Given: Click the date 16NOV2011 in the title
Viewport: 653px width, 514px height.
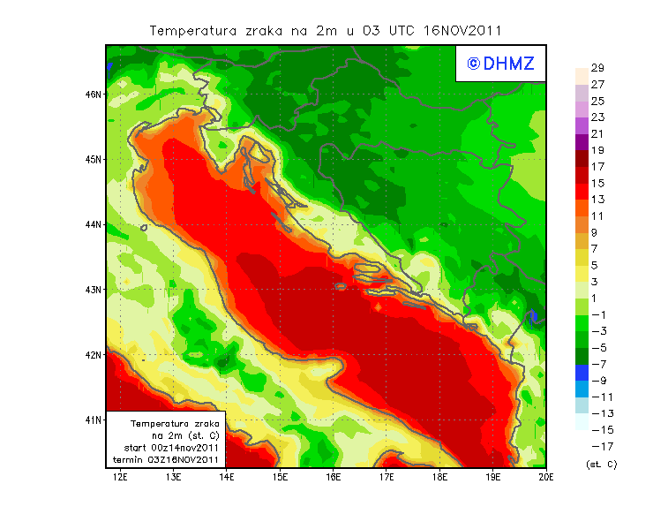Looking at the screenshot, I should tap(462, 30).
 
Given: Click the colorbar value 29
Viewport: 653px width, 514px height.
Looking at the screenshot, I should tap(597, 68).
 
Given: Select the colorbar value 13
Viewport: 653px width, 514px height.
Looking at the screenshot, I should tap(597, 200).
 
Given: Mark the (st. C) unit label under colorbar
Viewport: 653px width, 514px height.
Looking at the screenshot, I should tap(601, 464).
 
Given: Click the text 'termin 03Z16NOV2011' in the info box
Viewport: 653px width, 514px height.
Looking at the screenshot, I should tap(171, 460).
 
